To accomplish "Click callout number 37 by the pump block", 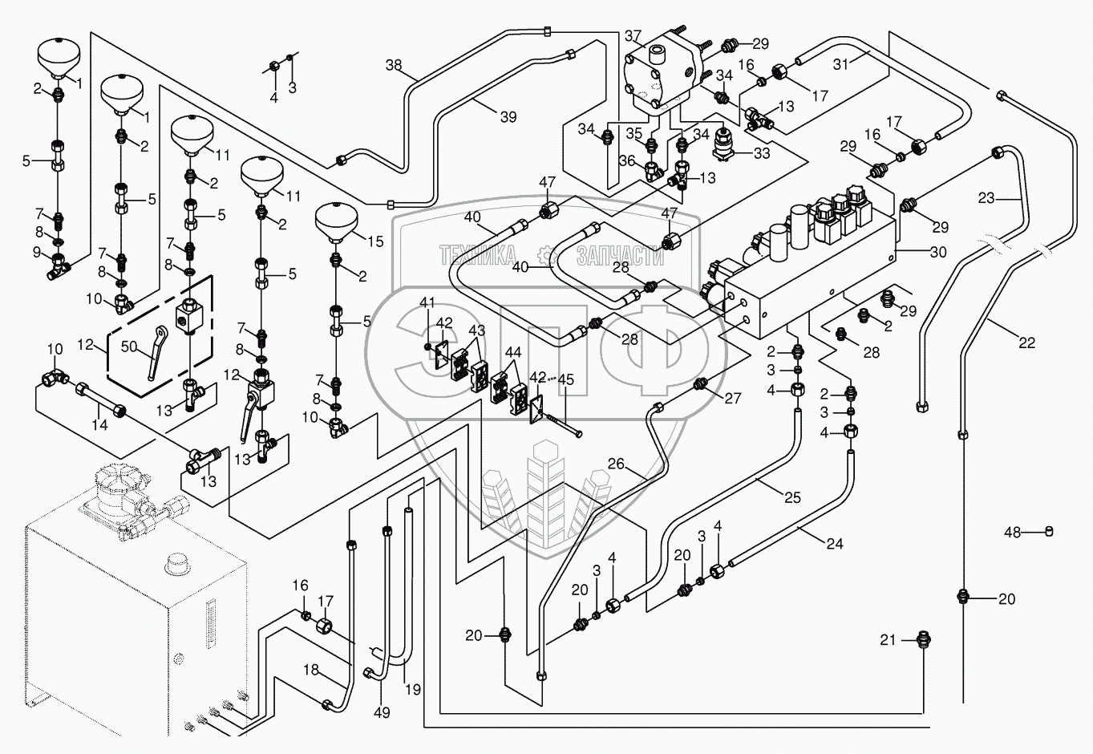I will click(634, 35).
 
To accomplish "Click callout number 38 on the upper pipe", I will click(393, 65).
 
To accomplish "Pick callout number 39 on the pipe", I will click(508, 117).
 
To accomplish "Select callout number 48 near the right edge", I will click(1013, 532).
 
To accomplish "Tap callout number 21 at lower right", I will click(887, 639).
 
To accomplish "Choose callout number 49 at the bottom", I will click(383, 712).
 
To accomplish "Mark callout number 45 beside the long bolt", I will click(565, 380).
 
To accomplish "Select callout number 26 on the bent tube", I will click(616, 463).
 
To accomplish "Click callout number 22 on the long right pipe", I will click(1027, 343).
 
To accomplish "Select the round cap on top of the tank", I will click(176, 563).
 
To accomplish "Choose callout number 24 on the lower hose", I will click(834, 543).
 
